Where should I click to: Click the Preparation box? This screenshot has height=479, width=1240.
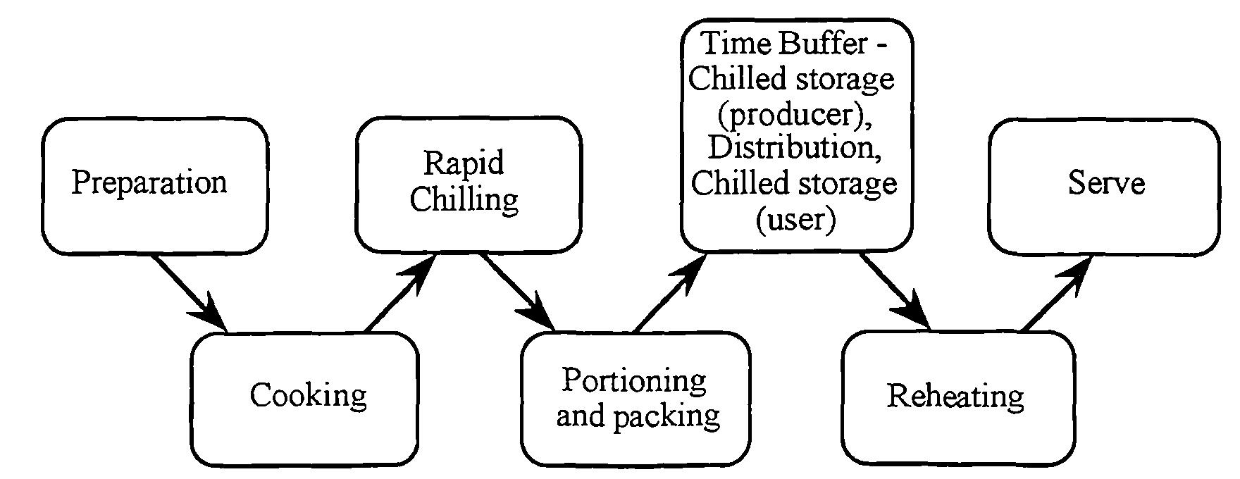[x=155, y=185]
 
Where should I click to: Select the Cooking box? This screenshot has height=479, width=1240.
[x=304, y=399]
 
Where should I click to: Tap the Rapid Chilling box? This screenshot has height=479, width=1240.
[x=468, y=185]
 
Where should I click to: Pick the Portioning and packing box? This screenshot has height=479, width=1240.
[x=635, y=399]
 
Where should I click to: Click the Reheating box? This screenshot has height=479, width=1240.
[x=958, y=399]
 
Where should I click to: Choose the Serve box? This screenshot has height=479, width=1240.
[x=1103, y=185]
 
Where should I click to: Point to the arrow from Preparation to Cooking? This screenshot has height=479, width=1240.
[x=189, y=292]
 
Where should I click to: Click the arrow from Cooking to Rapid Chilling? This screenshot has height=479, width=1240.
[x=400, y=292]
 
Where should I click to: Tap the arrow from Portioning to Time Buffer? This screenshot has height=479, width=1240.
[x=669, y=292]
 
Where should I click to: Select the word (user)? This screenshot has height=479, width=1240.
[x=795, y=220]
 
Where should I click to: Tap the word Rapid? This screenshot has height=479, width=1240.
[x=464, y=163]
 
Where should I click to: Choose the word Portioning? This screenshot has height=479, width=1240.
[x=634, y=381]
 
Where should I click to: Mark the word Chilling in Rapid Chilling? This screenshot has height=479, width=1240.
[x=464, y=200]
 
